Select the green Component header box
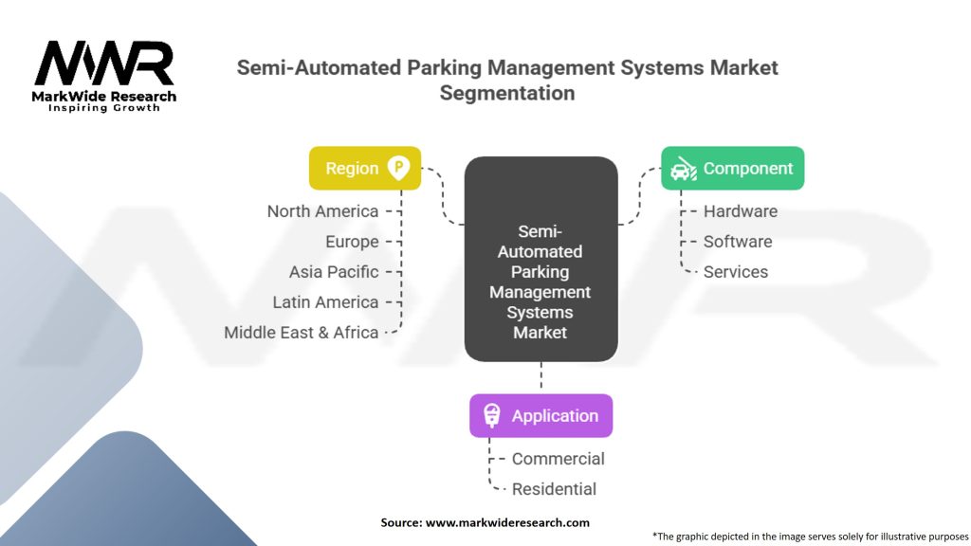(x=732, y=169)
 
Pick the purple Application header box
(x=540, y=416)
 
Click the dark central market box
(x=540, y=259)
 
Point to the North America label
(x=322, y=211)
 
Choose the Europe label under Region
(x=352, y=242)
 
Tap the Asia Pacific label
(x=334, y=272)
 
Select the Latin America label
(x=325, y=302)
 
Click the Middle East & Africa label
(x=302, y=333)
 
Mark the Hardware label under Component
(x=741, y=211)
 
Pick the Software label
(x=738, y=242)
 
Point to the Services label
(x=736, y=272)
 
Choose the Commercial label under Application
(x=559, y=459)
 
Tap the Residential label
(x=555, y=489)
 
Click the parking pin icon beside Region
(x=399, y=169)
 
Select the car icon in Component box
(x=682, y=170)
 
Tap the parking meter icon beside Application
(x=491, y=416)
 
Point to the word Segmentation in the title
(x=507, y=93)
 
